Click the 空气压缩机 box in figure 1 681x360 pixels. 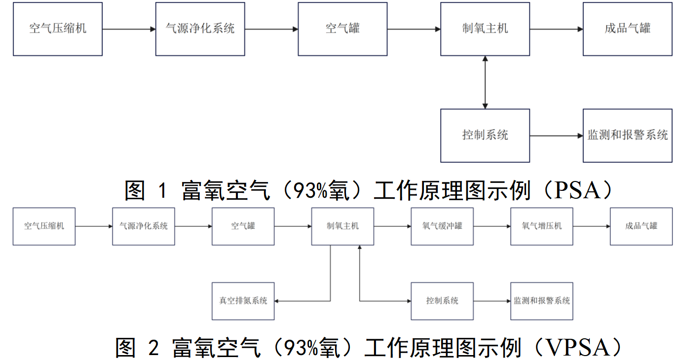pyautogui.click(x=58, y=29)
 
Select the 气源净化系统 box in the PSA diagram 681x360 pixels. pyautogui.click(x=200, y=29)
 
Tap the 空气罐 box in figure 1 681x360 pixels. pyautogui.click(x=342, y=29)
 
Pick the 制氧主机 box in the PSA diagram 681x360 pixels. pyautogui.click(x=485, y=29)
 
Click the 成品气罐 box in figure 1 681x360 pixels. pyautogui.click(x=627, y=29)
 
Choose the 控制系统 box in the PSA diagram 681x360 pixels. pyautogui.click(x=485, y=136)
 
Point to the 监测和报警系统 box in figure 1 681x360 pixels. pyautogui.click(x=627, y=136)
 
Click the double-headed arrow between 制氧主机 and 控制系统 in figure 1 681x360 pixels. pyautogui.click(x=485, y=82)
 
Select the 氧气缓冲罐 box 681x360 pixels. pyautogui.click(x=442, y=226)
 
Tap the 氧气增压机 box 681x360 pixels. pyautogui.click(x=541, y=226)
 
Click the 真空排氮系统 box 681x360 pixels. pyautogui.click(x=243, y=301)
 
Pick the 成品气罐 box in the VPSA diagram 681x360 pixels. pyautogui.click(x=641, y=226)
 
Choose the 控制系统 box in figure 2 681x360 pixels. pyautogui.click(x=442, y=301)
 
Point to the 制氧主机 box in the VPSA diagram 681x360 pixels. pyautogui.click(x=342, y=226)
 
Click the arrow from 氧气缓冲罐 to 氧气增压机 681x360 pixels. pyautogui.click(x=492, y=226)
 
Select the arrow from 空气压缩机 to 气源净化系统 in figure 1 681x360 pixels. pyautogui.click(x=129, y=29)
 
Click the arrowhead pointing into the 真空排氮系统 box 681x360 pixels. pyautogui.click(x=277, y=301)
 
